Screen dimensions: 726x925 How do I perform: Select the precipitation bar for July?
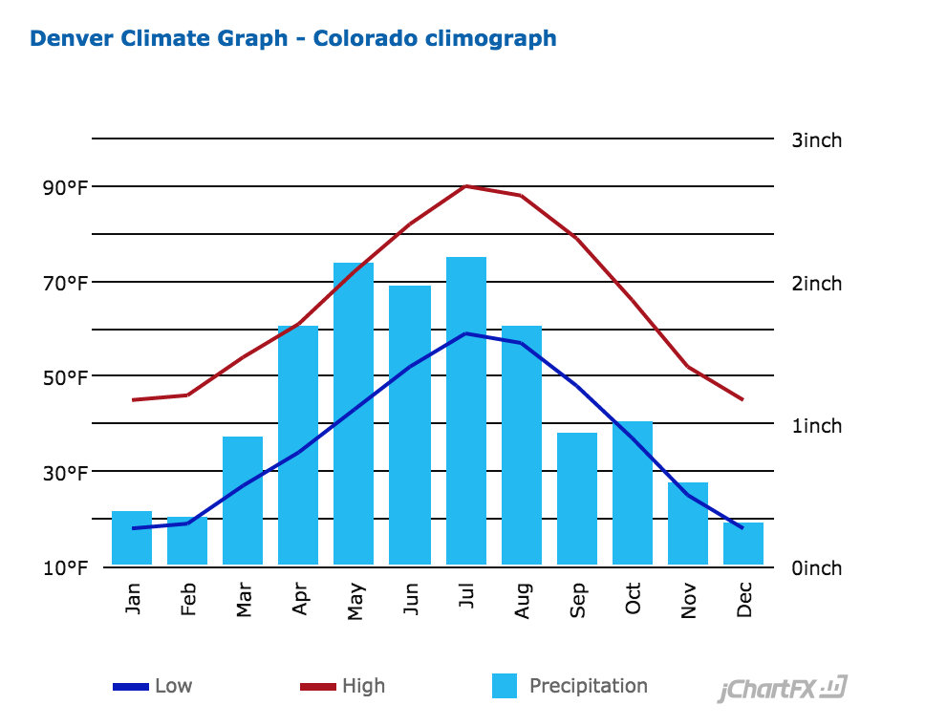click(x=465, y=411)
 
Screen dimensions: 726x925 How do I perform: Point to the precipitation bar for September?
click(x=577, y=498)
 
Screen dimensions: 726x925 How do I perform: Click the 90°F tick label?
click(x=65, y=187)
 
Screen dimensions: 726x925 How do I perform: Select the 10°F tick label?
click(x=65, y=568)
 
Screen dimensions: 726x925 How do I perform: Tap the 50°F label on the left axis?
click(x=65, y=377)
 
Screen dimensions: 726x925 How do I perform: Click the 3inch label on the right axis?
click(x=817, y=140)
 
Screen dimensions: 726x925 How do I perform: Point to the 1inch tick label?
click(x=817, y=425)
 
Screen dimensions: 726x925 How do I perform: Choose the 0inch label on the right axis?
click(x=817, y=568)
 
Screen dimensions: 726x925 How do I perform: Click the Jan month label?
click(x=133, y=598)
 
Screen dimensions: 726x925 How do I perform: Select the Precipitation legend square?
click(x=505, y=686)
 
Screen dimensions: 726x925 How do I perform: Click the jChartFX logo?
click(x=782, y=689)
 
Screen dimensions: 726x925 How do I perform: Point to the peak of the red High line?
click(x=465, y=185)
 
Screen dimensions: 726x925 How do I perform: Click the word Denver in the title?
click(x=73, y=39)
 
